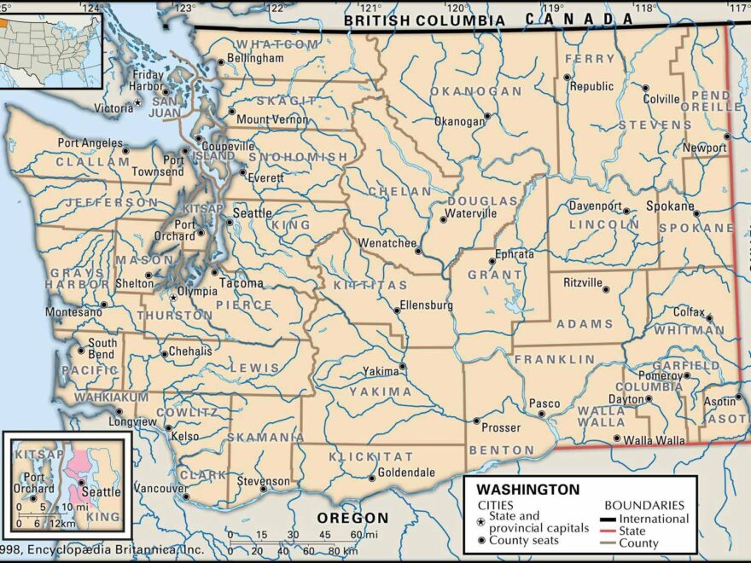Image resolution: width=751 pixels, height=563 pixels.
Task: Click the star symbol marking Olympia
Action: coord(174,298)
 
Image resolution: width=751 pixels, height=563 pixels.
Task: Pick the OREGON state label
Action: coord(352,518)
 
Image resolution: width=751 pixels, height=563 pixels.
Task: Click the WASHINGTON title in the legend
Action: coord(527,490)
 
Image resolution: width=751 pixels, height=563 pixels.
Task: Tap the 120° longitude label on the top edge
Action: coord(457,8)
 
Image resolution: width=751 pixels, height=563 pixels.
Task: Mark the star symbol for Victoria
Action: coord(138,102)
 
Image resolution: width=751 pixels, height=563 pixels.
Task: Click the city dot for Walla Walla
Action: coord(617,439)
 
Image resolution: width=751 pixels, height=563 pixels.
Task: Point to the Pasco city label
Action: coord(544,403)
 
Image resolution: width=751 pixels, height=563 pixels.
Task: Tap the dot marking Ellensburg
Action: coord(397,311)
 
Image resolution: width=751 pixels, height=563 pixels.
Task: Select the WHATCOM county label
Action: coord(277,44)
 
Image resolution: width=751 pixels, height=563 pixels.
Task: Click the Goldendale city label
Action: coord(407,473)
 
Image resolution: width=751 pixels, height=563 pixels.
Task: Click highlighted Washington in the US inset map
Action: coord(4,23)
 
